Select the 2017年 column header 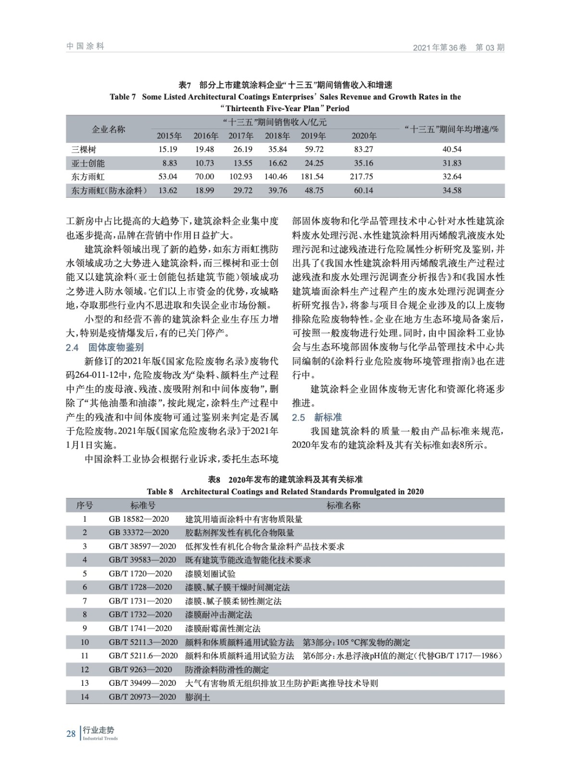click(x=241, y=136)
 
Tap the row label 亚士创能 click(x=88, y=163)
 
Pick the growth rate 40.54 click(x=452, y=149)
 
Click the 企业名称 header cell click(x=109, y=129)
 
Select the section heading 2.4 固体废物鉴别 click(x=105, y=347)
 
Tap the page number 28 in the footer click(x=71, y=733)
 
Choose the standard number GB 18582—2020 click(x=139, y=519)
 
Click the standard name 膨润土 click(x=198, y=697)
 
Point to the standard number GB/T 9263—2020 click(x=140, y=669)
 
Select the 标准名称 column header click(x=343, y=505)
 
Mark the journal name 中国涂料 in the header click(x=85, y=46)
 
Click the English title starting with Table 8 click(x=285, y=491)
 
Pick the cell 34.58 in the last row click(x=452, y=191)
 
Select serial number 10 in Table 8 click(x=85, y=642)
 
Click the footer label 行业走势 click(x=95, y=730)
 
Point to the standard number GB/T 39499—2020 click(x=142, y=683)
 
